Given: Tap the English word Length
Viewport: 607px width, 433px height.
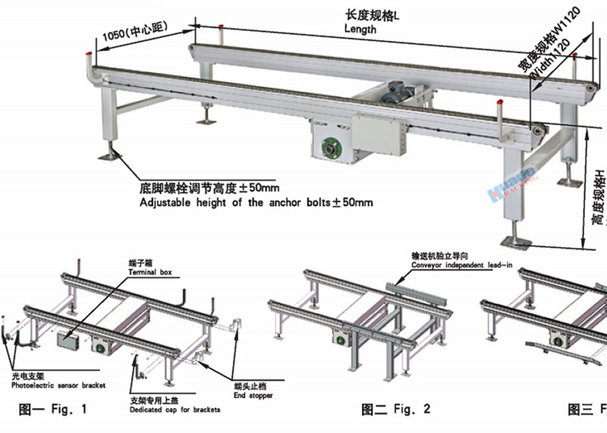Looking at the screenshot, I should pos(360,29).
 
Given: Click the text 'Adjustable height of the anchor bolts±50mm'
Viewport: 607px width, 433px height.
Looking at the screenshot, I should pos(256,202).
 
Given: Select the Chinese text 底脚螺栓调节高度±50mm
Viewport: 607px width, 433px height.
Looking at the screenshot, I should pos(208,187).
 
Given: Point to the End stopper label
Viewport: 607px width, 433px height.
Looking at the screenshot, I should pos(254,395).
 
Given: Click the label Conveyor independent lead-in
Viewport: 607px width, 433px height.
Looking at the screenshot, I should pos(462,265).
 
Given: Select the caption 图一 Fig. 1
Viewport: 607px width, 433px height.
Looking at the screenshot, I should pos(53,409).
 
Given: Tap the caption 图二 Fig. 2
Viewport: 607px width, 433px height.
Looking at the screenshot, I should pos(396,409).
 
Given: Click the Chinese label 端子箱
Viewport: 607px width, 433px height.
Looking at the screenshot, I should pos(137,262).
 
